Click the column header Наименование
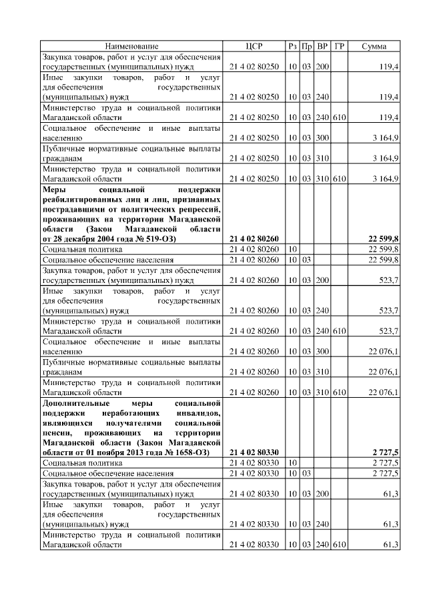[x=131, y=46]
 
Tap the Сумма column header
[x=374, y=46]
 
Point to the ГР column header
[x=339, y=46]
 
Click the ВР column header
[x=322, y=46]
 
